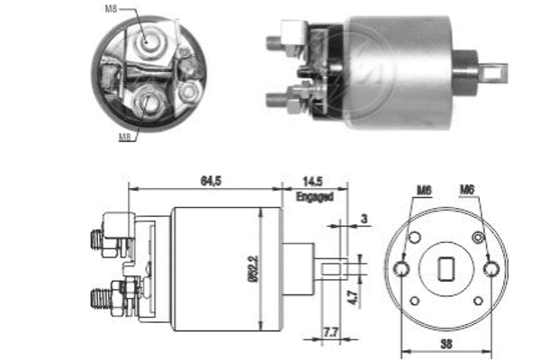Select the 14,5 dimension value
(314, 181)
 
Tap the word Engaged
(314, 195)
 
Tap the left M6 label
(425, 190)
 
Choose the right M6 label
(468, 190)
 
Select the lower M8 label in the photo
(127, 137)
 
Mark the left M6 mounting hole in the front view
(403, 267)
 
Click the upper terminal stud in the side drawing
(98, 238)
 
